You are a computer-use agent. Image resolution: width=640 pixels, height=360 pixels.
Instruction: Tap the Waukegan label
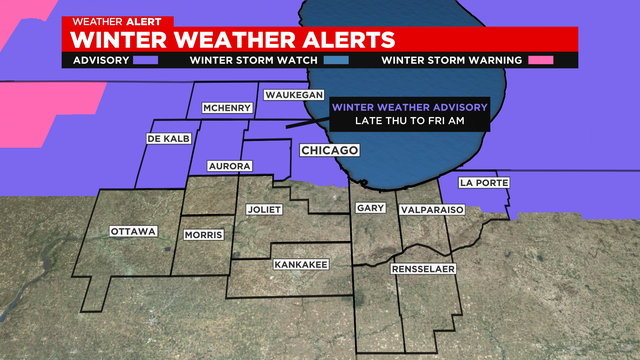tap(290, 95)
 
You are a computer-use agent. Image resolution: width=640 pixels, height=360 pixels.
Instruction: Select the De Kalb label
tap(168, 138)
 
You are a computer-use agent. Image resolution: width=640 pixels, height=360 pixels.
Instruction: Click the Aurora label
tap(229, 165)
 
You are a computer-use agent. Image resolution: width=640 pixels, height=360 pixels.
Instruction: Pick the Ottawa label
tap(134, 231)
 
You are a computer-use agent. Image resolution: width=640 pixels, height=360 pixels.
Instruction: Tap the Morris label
tap(203, 235)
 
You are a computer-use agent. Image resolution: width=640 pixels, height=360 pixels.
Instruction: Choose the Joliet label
tap(265, 210)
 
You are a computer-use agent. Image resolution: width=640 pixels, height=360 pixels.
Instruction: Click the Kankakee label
tap(298, 265)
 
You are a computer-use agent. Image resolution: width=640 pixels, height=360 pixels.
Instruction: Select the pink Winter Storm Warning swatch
tap(541, 60)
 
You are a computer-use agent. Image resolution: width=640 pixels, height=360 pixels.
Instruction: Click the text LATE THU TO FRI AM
tap(409, 121)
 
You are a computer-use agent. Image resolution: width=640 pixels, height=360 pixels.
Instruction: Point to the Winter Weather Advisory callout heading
tap(409, 107)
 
